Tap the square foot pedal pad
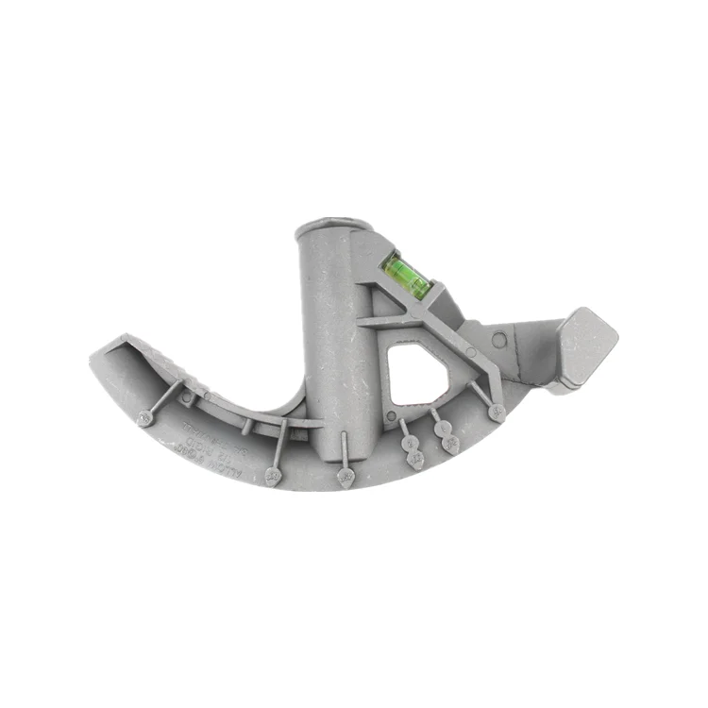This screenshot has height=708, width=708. coord(587,346)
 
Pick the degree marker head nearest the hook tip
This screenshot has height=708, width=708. coord(145,415)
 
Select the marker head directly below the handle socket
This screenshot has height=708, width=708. coord(345,480)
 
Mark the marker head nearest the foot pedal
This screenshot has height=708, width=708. coord(497,412)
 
